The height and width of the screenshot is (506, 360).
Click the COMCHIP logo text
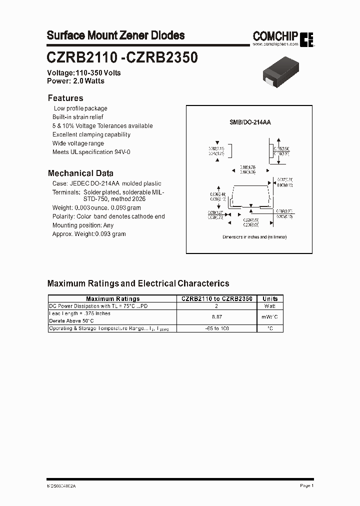pos(275,35)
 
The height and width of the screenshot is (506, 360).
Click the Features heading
pos(65,98)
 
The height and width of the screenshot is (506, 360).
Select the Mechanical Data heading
pos(80,173)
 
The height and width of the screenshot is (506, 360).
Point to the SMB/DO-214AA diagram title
pos(250,122)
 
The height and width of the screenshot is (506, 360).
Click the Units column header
pos(270,298)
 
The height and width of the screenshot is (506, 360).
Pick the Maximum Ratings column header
pos(113,298)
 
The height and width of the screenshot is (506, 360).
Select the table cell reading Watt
pos(270,306)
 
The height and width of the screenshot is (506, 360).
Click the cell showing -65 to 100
pos(216,328)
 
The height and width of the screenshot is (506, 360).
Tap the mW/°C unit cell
pos(270,317)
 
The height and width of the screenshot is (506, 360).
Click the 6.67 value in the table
pos(216,317)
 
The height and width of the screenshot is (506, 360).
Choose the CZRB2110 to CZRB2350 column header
pos(216,298)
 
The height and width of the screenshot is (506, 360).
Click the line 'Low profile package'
pos(80,108)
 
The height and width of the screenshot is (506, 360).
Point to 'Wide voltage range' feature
pos(78,143)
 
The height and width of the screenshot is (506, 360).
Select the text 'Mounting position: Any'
pos(83,225)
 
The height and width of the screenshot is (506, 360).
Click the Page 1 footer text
pos(306,485)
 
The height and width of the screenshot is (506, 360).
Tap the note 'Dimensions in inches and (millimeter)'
pos(255,237)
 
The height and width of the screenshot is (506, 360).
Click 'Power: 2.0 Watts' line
pos(75,80)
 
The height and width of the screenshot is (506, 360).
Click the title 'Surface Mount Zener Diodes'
pos(115,35)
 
